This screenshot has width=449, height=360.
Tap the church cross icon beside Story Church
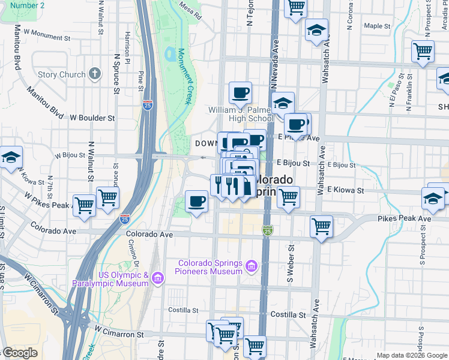[x=94, y=74]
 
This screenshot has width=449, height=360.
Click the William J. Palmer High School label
[x=241, y=114]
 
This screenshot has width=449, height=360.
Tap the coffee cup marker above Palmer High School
[x=241, y=93]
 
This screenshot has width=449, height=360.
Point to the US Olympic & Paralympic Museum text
[x=110, y=279]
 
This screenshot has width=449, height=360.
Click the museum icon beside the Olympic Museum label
[x=157, y=277]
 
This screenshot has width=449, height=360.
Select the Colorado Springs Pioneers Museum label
[x=210, y=268]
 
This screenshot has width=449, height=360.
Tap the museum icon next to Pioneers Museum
[x=252, y=265]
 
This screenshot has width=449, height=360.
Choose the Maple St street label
[x=377, y=26]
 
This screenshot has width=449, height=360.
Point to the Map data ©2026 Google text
[x=412, y=355]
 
